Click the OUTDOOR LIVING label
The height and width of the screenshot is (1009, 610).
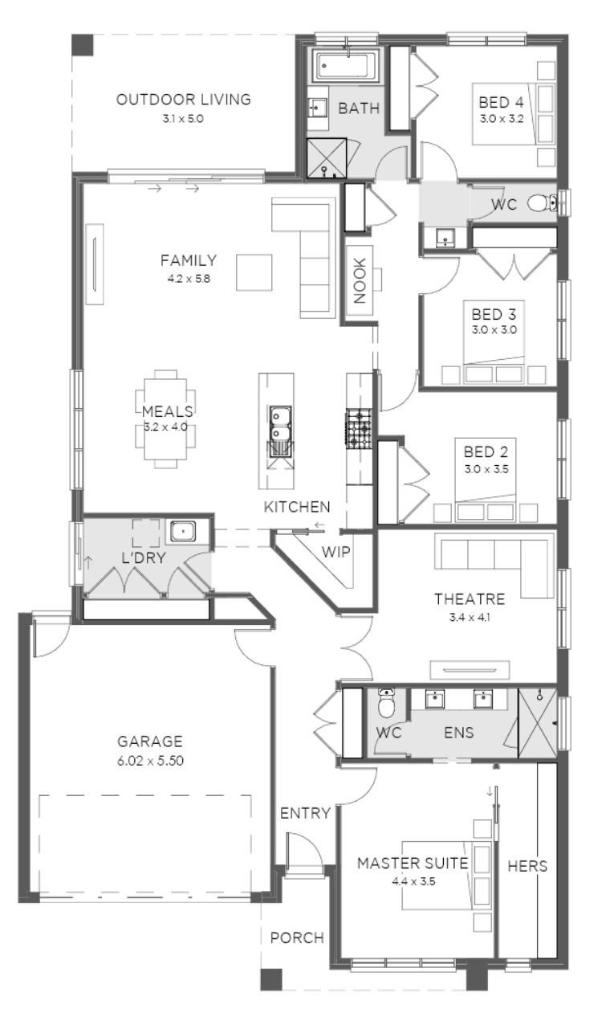click(x=184, y=100)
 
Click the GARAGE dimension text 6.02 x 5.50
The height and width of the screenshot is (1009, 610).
click(x=150, y=761)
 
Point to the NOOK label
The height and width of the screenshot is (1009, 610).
click(x=360, y=280)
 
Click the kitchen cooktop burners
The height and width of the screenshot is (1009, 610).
click(x=359, y=428)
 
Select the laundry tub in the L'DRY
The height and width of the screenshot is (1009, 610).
click(x=183, y=532)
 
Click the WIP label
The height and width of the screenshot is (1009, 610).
click(x=335, y=552)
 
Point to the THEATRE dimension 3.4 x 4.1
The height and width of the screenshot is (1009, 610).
click(x=470, y=618)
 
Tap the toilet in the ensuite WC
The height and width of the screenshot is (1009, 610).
click(x=386, y=703)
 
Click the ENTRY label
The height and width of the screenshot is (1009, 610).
click(x=305, y=814)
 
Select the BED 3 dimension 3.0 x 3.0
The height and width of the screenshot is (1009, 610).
click(x=494, y=329)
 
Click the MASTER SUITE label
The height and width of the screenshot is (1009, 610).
click(x=413, y=864)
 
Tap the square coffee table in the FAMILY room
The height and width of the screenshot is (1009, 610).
click(x=254, y=272)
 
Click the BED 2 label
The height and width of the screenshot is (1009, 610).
click(x=486, y=451)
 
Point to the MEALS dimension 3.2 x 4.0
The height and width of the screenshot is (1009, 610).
click(x=165, y=427)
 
